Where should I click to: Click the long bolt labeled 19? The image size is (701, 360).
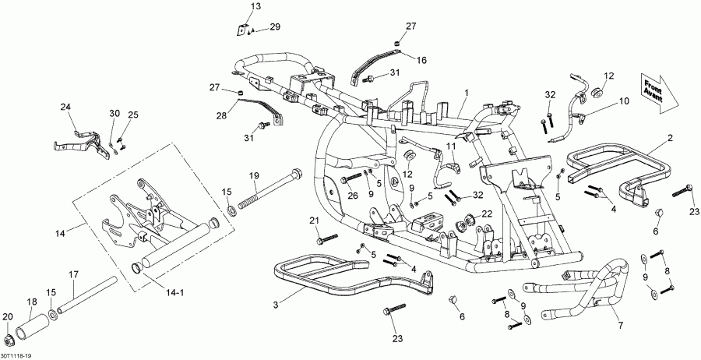(269, 192)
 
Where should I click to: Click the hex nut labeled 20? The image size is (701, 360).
(9, 341)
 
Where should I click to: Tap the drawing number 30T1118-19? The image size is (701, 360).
(17, 355)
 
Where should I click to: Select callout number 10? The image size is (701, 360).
(623, 101)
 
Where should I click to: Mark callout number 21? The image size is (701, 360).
(315, 221)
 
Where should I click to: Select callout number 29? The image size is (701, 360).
(274, 27)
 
